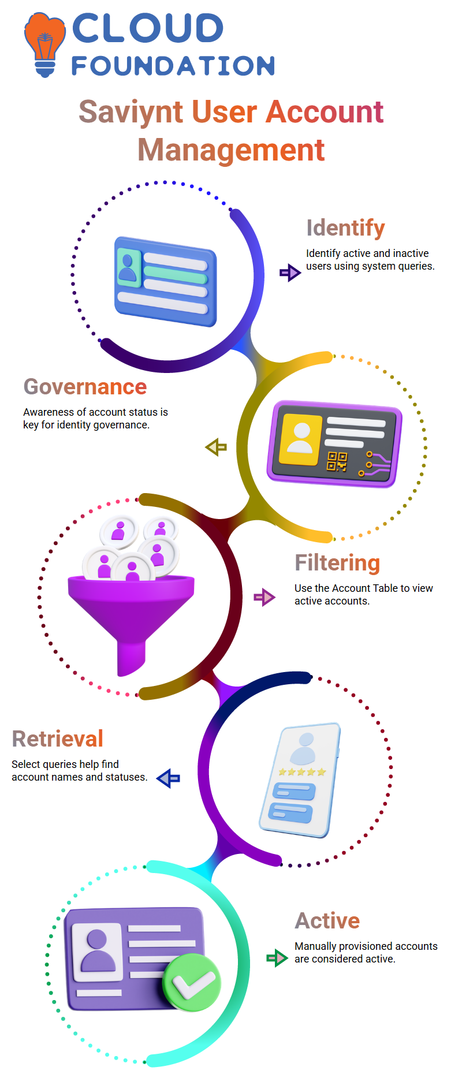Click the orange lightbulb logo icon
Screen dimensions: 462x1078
click(45, 45)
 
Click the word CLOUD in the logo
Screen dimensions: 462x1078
click(148, 28)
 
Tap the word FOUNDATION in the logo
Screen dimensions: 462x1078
click(173, 66)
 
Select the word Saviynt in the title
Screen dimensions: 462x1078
click(131, 113)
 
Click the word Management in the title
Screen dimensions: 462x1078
click(231, 150)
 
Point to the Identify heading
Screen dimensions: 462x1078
click(345, 228)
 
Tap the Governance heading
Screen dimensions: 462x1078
click(85, 386)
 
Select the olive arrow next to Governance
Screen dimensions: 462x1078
click(216, 447)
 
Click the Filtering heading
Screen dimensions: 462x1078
click(337, 562)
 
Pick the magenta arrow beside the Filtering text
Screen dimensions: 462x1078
click(264, 597)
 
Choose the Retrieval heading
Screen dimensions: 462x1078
click(57, 738)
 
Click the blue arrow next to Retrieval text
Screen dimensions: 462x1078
click(169, 778)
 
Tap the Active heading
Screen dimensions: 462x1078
click(327, 920)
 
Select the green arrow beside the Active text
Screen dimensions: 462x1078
click(277, 958)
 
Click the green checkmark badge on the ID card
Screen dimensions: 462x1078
click(192, 983)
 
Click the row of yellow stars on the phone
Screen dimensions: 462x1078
click(302, 771)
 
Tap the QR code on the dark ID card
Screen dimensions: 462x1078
click(337, 461)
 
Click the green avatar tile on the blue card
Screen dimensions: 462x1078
click(129, 267)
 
